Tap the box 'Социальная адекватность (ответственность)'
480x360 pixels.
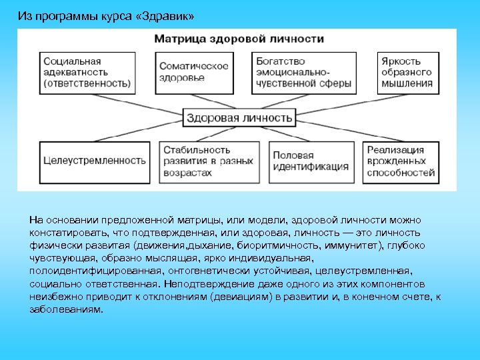pos(86,72)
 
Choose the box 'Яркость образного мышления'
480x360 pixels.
pos(407,72)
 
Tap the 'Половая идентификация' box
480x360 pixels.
pos(311,161)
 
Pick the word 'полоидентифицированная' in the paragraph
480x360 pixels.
pos(84,271)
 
